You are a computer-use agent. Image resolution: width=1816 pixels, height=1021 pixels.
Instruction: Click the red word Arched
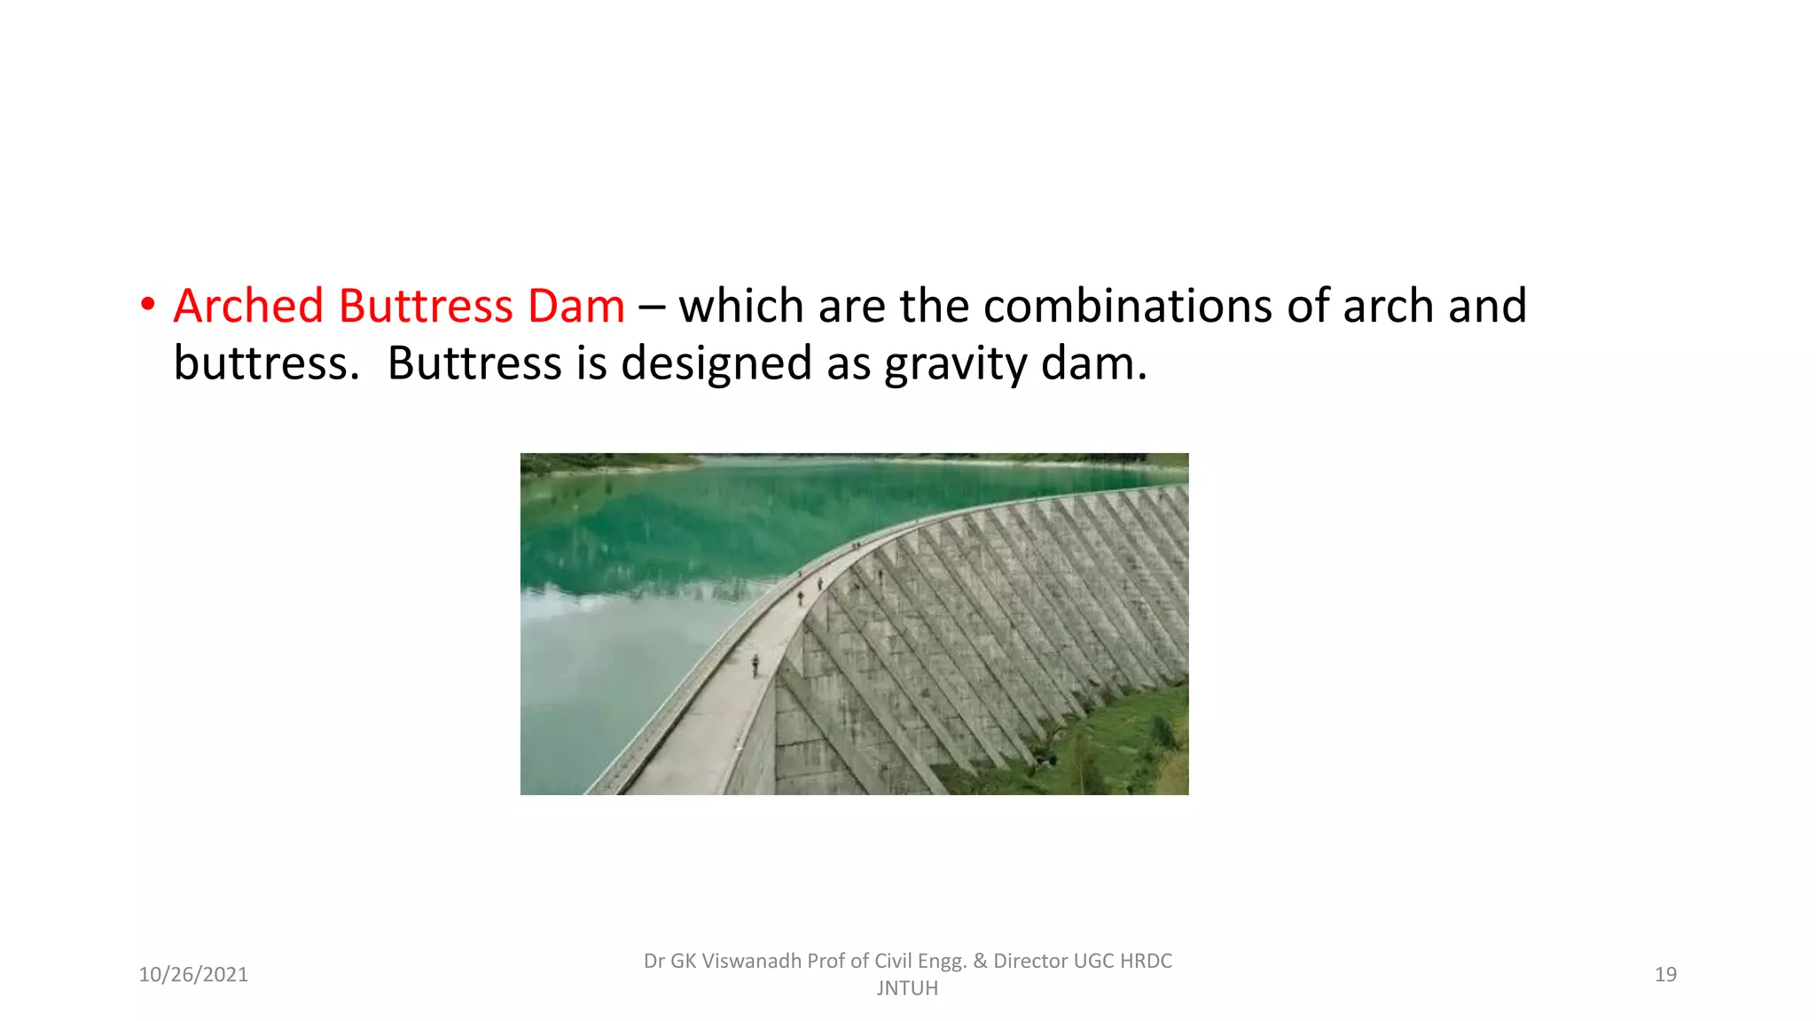(x=248, y=307)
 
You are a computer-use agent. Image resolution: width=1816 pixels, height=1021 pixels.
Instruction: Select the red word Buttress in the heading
(x=426, y=307)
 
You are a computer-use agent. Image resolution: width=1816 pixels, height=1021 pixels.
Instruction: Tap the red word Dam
(x=576, y=307)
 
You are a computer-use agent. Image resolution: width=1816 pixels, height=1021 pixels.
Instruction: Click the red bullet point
(x=148, y=305)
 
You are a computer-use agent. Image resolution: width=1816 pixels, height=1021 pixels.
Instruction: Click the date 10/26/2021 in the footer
(x=193, y=975)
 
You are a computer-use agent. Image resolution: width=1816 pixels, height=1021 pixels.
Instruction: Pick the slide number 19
(x=1665, y=975)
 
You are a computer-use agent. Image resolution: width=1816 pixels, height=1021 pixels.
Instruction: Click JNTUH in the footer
(x=907, y=988)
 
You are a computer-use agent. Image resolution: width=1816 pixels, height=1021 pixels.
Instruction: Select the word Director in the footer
(x=1029, y=962)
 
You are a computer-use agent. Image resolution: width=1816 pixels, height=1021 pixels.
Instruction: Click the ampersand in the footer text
(x=980, y=962)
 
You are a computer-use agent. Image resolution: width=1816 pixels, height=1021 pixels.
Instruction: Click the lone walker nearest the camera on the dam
(x=755, y=665)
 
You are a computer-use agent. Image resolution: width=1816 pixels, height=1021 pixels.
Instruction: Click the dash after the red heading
(x=651, y=307)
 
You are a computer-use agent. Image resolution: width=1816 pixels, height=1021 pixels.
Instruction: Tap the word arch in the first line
(x=1388, y=307)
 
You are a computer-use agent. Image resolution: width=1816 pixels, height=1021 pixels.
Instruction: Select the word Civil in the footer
(x=894, y=962)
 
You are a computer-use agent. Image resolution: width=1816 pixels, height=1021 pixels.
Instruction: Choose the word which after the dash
(x=742, y=307)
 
